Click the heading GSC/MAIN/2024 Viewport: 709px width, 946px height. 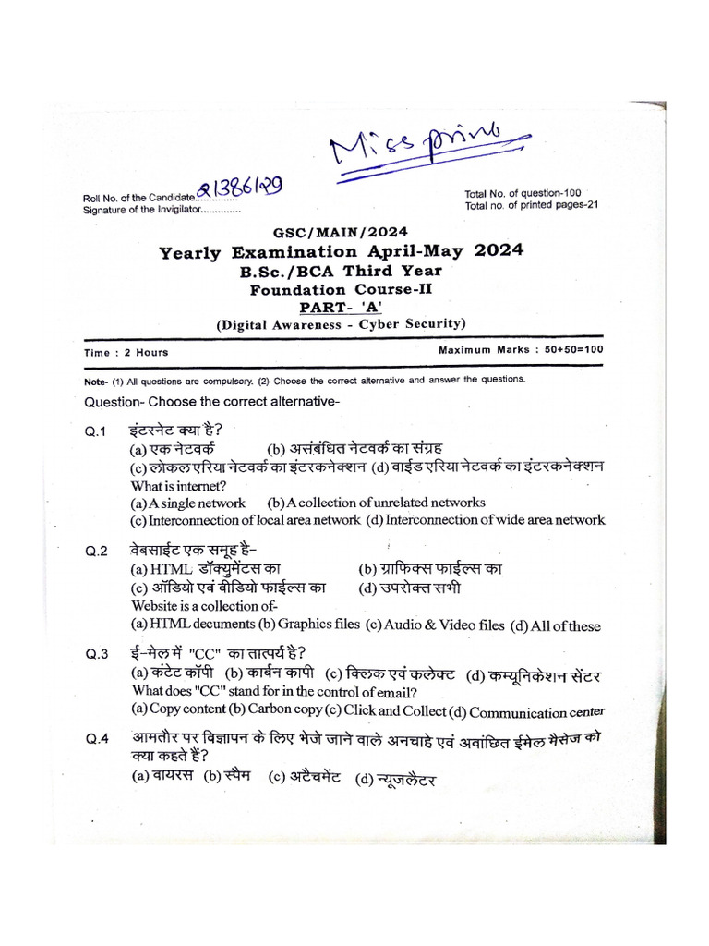340,233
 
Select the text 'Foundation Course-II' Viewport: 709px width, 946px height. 341,288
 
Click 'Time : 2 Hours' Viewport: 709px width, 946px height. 126,352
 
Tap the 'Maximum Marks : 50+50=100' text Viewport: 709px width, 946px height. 521,350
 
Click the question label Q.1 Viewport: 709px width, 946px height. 97,431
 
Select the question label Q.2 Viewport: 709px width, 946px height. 97,552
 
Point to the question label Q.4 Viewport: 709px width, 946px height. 97,738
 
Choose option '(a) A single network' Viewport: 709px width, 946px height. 188,503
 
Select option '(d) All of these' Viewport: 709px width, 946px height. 557,626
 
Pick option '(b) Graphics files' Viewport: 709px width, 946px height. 306,625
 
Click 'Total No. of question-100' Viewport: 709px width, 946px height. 523,193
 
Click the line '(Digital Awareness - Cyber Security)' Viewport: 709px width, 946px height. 341,323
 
